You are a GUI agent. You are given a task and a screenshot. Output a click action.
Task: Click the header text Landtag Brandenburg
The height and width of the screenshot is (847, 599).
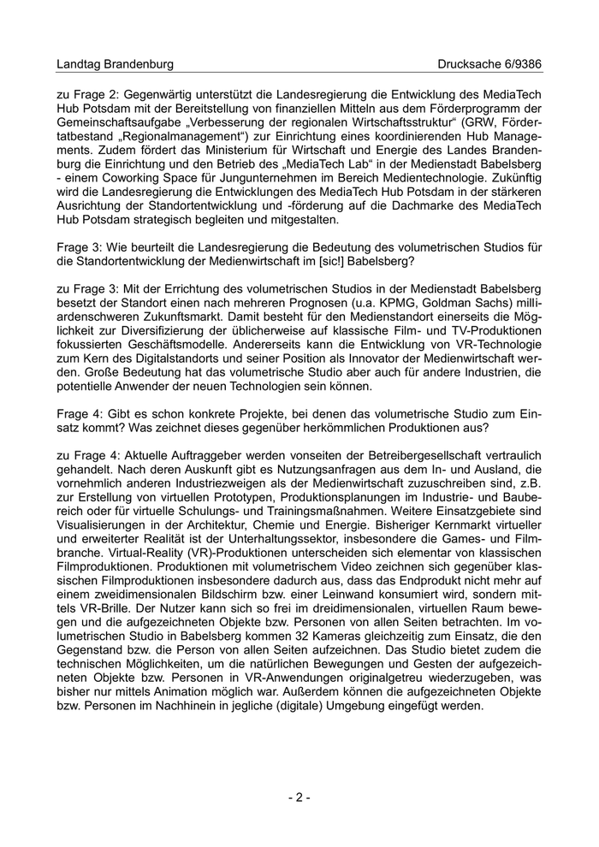[x=115, y=64]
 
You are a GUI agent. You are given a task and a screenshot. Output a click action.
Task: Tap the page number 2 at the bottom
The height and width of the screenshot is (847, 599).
[x=299, y=797]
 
